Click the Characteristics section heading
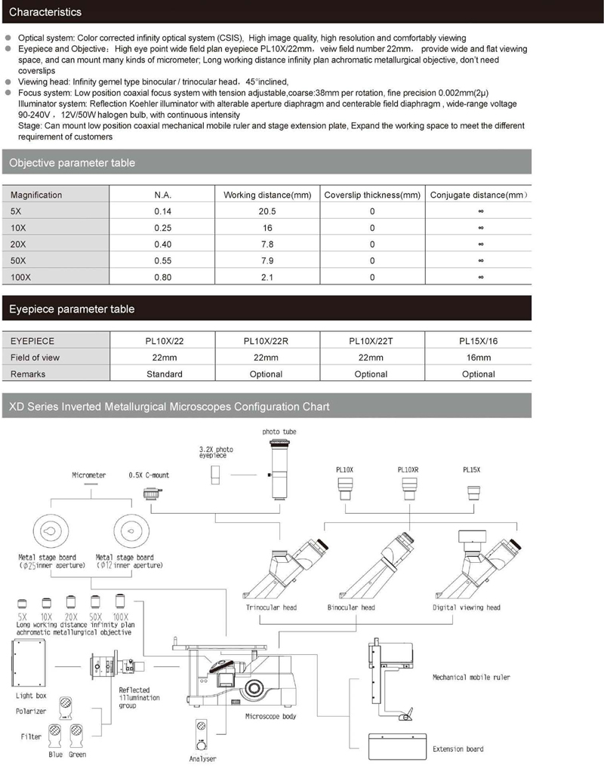click(45, 12)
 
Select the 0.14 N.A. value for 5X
click(163, 212)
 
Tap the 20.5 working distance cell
click(267, 212)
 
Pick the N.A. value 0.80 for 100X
click(163, 278)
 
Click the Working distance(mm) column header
click(267, 195)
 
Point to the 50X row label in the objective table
click(20, 261)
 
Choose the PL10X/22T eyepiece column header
click(371, 341)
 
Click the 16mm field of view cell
click(478, 358)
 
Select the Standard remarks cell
click(165, 374)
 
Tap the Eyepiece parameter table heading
click(72, 309)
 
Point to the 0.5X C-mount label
click(149, 475)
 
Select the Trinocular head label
click(271, 607)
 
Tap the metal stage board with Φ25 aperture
click(50, 533)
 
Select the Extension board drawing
click(396, 748)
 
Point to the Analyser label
click(202, 758)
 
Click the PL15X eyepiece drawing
click(476, 492)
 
